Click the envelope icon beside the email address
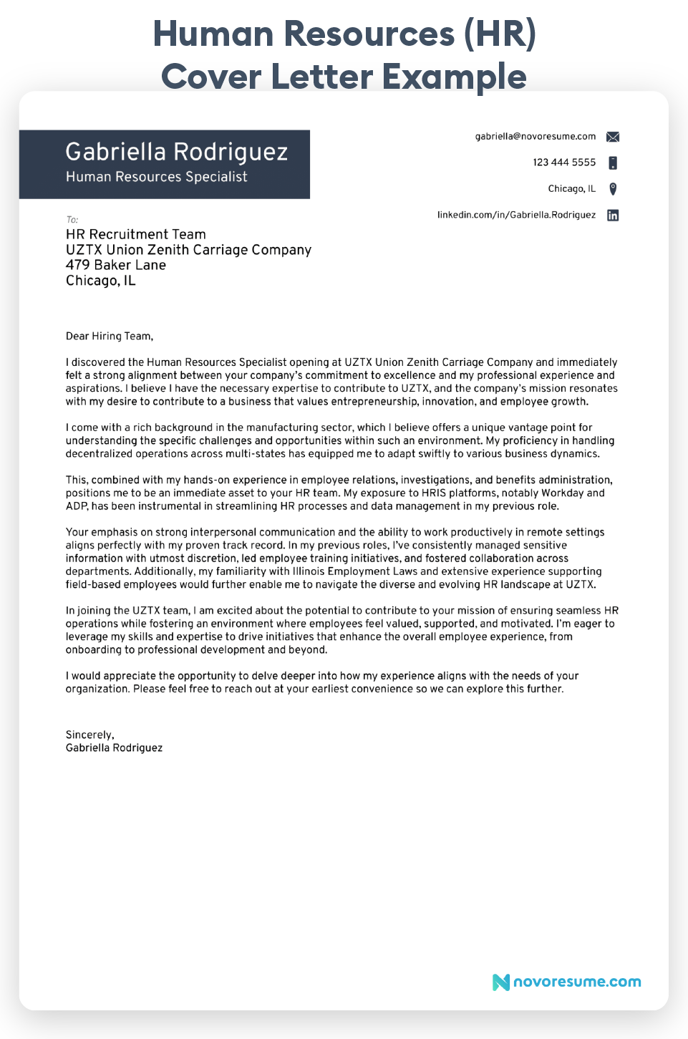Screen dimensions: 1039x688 click(x=612, y=137)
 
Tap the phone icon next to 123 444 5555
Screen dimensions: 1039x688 click(x=612, y=163)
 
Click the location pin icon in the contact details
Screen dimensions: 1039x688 click(x=612, y=189)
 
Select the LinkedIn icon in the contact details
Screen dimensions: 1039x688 click(x=612, y=216)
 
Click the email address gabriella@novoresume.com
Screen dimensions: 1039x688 click(x=535, y=136)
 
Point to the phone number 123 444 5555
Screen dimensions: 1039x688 click(x=563, y=163)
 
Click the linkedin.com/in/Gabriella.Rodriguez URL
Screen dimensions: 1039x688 click(x=516, y=215)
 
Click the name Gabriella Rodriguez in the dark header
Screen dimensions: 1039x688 click(x=176, y=152)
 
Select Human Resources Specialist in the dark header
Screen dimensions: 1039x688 click(x=156, y=177)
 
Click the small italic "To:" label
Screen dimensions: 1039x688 click(x=72, y=220)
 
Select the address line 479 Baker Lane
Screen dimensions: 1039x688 click(x=115, y=265)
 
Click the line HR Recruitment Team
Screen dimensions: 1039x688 click(x=135, y=234)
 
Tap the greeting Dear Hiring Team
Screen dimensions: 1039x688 click(x=109, y=336)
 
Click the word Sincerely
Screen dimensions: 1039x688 click(x=89, y=735)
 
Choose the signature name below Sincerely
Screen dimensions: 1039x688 click(x=114, y=748)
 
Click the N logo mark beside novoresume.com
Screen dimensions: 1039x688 click(x=500, y=982)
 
